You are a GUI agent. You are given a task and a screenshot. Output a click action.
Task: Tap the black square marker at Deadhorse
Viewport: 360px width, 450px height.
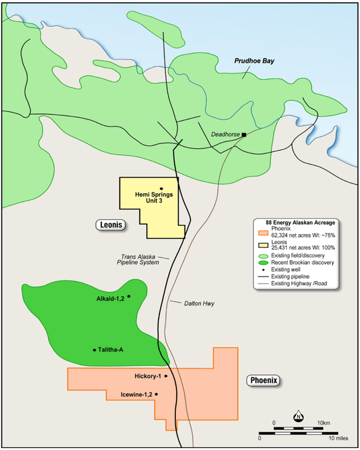pos(244,135)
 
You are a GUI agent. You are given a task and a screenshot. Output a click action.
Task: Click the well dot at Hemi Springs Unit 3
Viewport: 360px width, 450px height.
pos(161,189)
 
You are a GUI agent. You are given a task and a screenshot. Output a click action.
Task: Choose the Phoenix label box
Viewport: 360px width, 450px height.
pos(262,381)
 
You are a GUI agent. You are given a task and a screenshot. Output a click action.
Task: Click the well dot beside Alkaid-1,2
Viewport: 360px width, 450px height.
pos(129,296)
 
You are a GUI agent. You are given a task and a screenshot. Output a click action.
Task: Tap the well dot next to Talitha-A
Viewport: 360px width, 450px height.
pos(94,349)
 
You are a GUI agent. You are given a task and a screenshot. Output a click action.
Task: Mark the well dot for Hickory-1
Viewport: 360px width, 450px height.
pos(165,376)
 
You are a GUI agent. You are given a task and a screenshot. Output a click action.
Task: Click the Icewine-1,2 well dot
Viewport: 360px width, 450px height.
pos(156,394)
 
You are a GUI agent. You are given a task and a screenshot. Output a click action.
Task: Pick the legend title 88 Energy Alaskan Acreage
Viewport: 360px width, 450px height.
pos(300,222)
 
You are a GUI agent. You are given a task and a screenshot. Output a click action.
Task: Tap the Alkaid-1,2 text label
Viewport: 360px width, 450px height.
pos(110,297)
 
